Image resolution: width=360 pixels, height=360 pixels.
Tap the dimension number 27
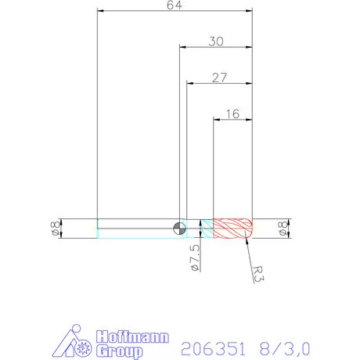(x=220, y=77)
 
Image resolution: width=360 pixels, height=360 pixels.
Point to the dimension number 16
(x=232, y=113)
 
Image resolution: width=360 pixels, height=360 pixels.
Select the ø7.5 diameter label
(x=195, y=257)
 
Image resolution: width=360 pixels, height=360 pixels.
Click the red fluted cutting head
(x=232, y=228)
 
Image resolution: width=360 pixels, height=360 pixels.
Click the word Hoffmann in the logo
(x=131, y=337)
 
